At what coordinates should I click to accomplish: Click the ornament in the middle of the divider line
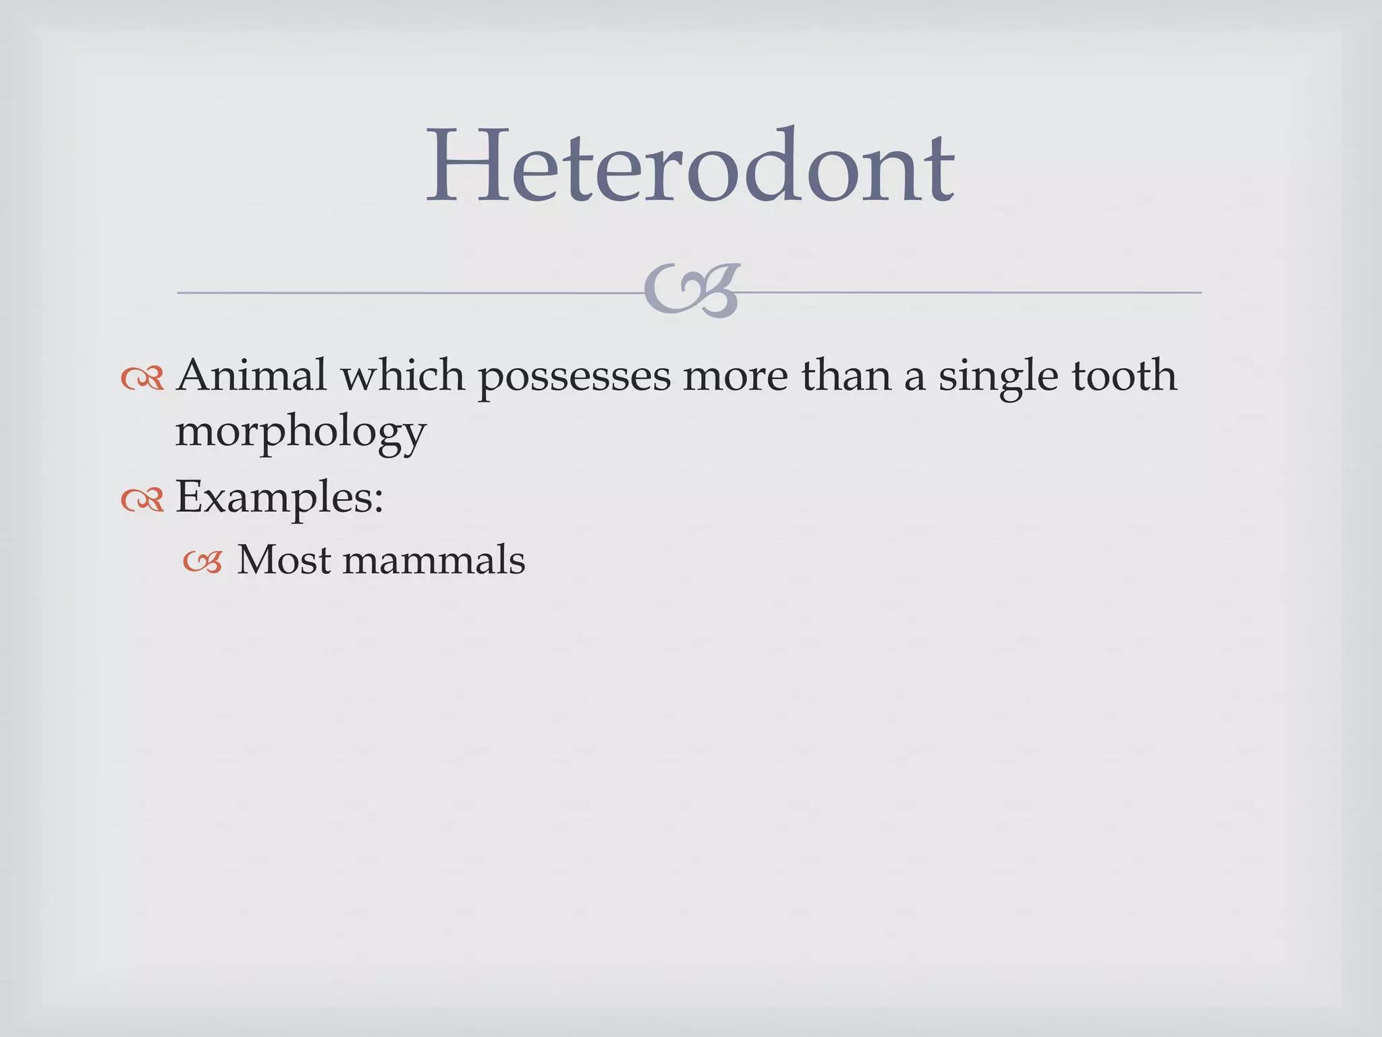point(692,291)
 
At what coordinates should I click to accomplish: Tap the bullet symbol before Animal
point(142,379)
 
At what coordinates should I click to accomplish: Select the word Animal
point(251,375)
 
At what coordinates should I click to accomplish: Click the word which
point(403,375)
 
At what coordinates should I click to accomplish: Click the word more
point(735,377)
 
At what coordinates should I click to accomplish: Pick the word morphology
point(300,433)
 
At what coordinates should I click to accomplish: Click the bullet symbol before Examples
point(142,500)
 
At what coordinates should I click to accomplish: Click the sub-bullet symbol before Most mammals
point(202,562)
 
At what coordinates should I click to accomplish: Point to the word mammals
point(433,561)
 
